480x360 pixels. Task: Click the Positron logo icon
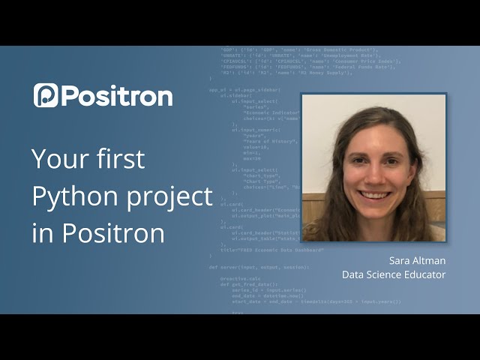45,95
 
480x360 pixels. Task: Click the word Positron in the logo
117,96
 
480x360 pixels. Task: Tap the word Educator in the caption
424,274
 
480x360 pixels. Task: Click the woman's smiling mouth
374,195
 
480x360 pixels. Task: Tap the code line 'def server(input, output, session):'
259,266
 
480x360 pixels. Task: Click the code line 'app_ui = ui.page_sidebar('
244,89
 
